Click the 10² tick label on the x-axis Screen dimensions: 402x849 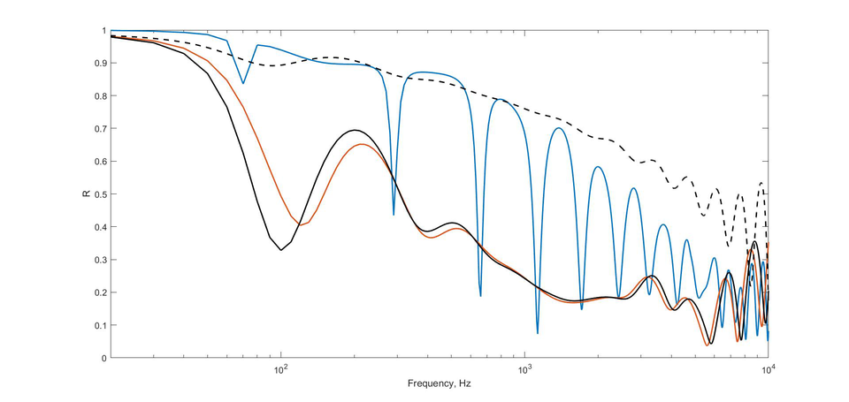point(280,371)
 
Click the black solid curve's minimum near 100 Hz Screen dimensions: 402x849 point(281,250)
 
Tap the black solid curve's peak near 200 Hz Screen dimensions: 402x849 point(355,130)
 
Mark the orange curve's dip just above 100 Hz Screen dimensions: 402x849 point(301,225)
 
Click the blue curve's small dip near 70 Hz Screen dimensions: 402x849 point(243,83)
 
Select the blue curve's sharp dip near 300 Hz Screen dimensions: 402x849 point(394,215)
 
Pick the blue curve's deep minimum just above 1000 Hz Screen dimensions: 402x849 point(538,333)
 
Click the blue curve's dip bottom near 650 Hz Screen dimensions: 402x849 point(480,296)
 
